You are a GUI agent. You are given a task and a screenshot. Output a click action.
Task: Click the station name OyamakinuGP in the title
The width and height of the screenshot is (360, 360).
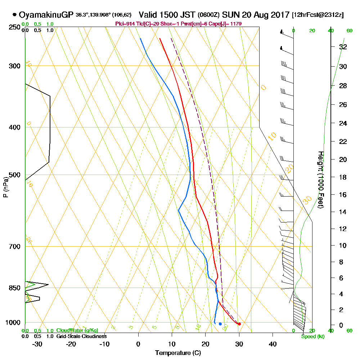pyautogui.click(x=46, y=15)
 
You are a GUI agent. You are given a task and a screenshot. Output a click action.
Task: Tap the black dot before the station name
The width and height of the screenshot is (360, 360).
pyautogui.click(x=14, y=15)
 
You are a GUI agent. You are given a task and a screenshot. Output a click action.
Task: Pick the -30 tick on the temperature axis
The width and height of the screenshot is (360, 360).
pyautogui.click(x=37, y=344)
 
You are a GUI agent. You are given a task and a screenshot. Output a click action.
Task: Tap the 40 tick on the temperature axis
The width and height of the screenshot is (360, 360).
pyautogui.click(x=273, y=344)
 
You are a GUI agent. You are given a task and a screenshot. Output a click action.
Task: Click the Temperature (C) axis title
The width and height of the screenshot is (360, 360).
pyautogui.click(x=178, y=353)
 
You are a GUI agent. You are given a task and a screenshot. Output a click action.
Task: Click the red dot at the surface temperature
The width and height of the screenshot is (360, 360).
pyautogui.click(x=239, y=324)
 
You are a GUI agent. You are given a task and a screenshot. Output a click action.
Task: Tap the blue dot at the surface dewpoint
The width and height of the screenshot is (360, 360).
pyautogui.click(x=220, y=324)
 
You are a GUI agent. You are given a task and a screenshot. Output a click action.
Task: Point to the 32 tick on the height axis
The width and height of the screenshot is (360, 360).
pyautogui.click(x=343, y=47)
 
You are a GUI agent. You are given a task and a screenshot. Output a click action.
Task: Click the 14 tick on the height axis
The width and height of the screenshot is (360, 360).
pyautogui.click(x=343, y=212)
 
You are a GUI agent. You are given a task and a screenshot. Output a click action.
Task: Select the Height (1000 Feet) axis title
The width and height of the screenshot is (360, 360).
pyautogui.click(x=321, y=180)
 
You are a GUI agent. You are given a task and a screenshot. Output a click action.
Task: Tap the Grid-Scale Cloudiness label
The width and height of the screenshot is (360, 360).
pyautogui.click(x=81, y=336)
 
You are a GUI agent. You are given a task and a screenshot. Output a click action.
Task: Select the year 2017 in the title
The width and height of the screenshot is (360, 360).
pyautogui.click(x=278, y=15)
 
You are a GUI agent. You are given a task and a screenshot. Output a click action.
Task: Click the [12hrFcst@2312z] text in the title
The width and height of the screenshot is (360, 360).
pyautogui.click(x=318, y=15)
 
